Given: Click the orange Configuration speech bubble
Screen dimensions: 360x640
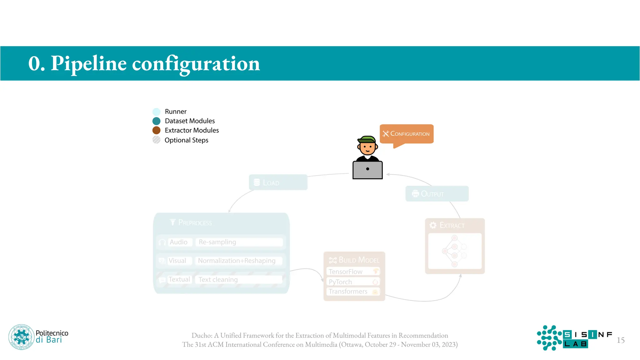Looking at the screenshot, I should [406, 134].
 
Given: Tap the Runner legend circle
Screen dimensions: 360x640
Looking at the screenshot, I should [157, 112].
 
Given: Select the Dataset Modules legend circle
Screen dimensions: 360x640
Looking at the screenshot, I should [157, 121].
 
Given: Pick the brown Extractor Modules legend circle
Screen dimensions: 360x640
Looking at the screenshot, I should [157, 130].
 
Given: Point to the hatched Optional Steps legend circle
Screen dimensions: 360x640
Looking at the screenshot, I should [157, 140].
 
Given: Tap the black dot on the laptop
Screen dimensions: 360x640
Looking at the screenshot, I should [367, 169].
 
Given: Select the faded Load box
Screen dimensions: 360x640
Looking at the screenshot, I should [278, 182].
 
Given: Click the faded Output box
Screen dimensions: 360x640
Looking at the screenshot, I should [437, 194].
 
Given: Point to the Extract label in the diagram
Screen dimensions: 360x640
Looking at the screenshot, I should [452, 225].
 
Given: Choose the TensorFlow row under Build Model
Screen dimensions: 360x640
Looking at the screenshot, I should [353, 272].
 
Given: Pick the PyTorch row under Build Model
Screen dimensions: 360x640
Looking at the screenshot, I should [353, 282].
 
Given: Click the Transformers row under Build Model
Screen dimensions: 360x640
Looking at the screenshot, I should [353, 292].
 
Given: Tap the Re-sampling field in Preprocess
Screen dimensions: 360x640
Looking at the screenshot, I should [239, 242].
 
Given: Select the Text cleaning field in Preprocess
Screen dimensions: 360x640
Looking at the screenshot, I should [239, 280].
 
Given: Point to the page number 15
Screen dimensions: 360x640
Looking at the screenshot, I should [621, 340].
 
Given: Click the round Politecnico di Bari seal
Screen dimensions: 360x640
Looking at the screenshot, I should [21, 337].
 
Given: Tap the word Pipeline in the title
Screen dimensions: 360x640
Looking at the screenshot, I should [89, 63].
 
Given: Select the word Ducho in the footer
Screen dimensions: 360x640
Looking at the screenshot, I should [201, 336].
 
